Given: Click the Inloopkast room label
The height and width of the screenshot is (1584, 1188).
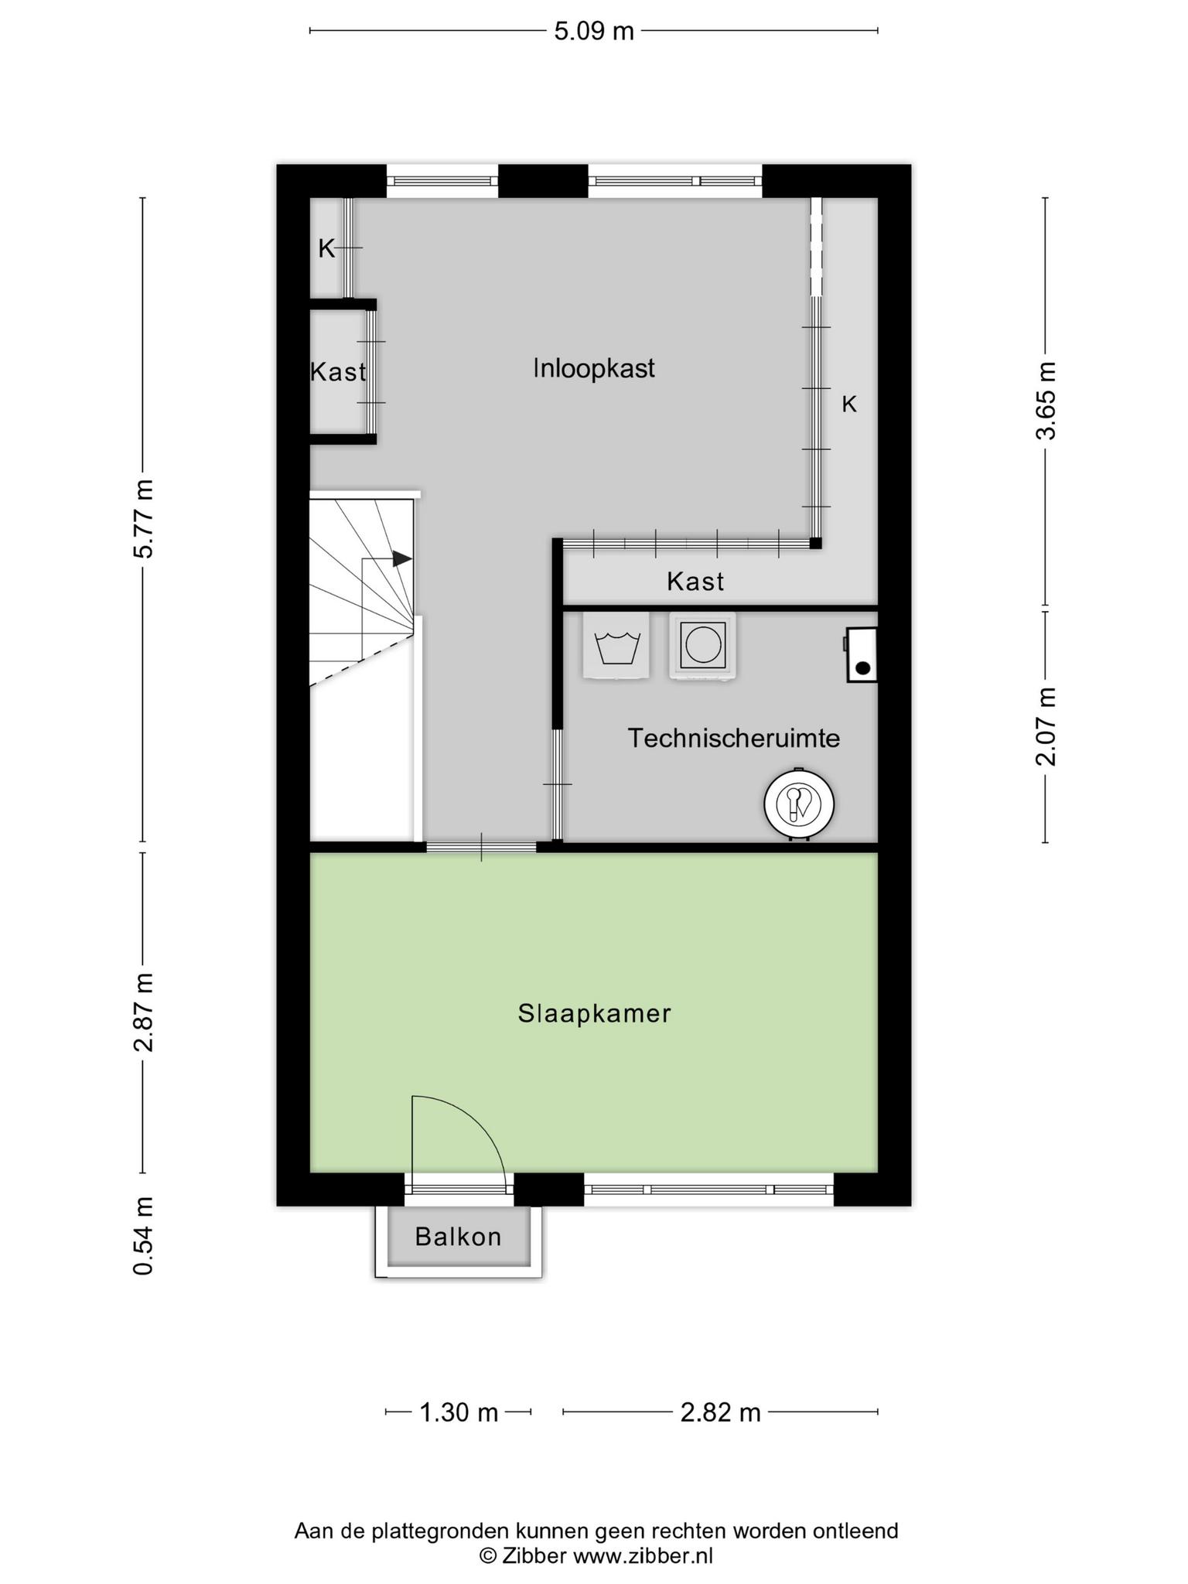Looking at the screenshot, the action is pyautogui.click(x=593, y=368).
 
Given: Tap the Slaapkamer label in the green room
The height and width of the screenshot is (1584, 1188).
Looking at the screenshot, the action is pyautogui.click(x=594, y=1013).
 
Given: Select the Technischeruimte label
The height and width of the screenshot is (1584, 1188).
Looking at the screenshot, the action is pyautogui.click(x=733, y=738).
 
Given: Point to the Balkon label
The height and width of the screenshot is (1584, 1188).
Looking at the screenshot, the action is pyautogui.click(x=458, y=1237).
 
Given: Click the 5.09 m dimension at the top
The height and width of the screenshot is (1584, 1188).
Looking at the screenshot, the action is pyautogui.click(x=594, y=31).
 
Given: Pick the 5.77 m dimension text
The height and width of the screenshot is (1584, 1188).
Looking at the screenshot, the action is pyautogui.click(x=144, y=518).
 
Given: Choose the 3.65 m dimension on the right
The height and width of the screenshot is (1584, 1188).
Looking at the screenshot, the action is pyautogui.click(x=1046, y=401).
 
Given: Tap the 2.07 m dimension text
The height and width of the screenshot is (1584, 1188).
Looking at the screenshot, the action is pyautogui.click(x=1046, y=726).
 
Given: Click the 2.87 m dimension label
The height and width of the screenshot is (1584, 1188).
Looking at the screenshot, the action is pyautogui.click(x=144, y=1012).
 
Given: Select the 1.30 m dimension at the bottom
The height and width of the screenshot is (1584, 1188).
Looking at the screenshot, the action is pyautogui.click(x=459, y=1413).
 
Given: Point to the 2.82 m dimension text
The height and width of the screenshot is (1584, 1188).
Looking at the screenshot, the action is pyautogui.click(x=720, y=1413).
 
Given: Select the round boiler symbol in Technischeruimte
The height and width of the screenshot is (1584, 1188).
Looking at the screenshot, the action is pyautogui.click(x=799, y=804).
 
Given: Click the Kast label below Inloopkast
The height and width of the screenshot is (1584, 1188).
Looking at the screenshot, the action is pyautogui.click(x=695, y=581).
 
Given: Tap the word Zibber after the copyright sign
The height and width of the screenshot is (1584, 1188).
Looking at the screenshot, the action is pyautogui.click(x=534, y=1555).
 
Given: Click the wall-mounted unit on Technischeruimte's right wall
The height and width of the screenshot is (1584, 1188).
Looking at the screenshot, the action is pyautogui.click(x=862, y=654).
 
